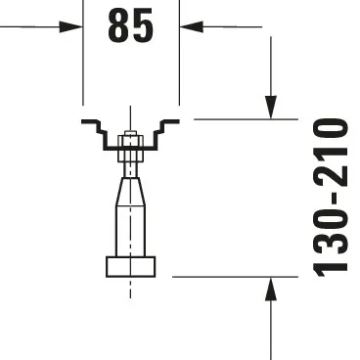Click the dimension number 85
pyautogui.click(x=130, y=27)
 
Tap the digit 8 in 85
pyautogui.click(x=117, y=27)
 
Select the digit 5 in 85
pyautogui.click(x=143, y=27)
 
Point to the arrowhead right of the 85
pyautogui.click(x=192, y=26)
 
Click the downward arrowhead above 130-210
pyautogui.click(x=272, y=106)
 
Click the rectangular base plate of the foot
pyautogui.click(x=130, y=266)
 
